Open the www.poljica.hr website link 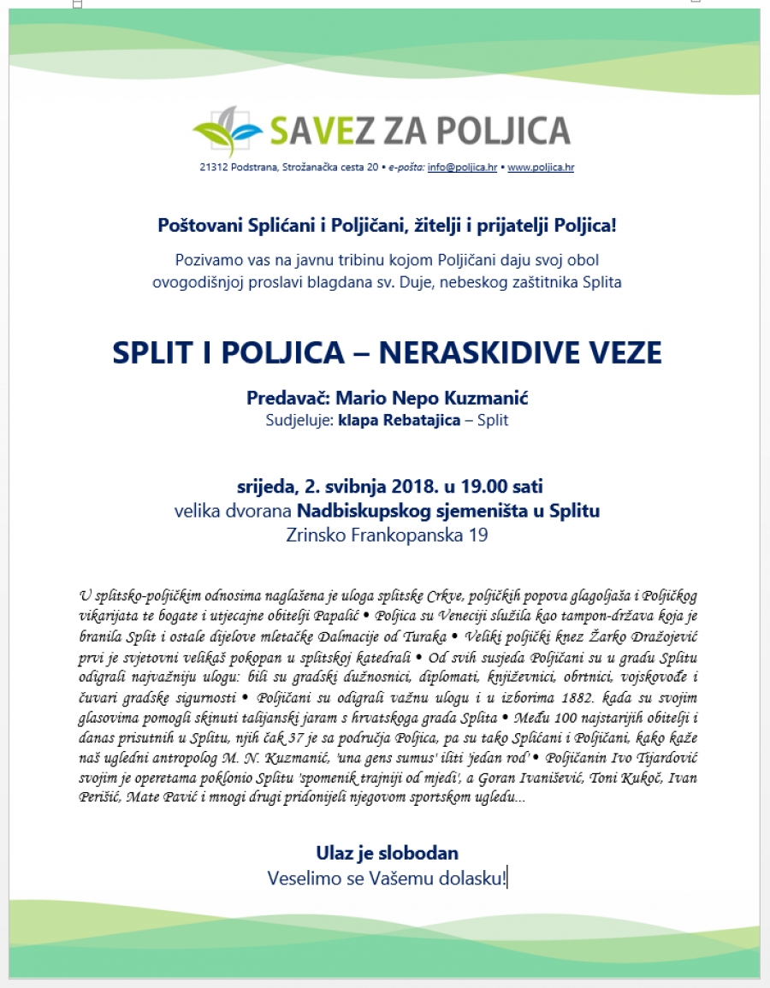pyautogui.click(x=541, y=168)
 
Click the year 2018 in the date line pyautogui.click(x=414, y=488)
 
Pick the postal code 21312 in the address pyautogui.click(x=212, y=168)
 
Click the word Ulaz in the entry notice pyautogui.click(x=335, y=853)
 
